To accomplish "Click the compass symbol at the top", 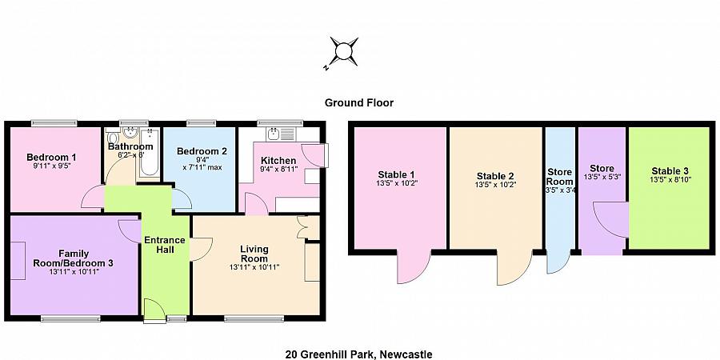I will pos(344,52).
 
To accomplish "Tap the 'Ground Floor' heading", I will pos(358,102).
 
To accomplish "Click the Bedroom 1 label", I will pos(51,157).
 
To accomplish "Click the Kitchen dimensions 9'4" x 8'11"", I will pos(278,170).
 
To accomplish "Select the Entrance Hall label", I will pos(164,246).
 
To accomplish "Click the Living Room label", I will pos(254,254).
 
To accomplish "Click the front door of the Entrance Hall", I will pos(154,310).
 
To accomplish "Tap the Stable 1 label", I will pos(396,174).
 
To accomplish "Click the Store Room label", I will pos(559,176).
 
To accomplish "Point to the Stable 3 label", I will pos(669,170).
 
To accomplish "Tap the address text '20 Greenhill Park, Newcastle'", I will pos(359,354).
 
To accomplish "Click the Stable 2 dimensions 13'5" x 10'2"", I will pos(495,186).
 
